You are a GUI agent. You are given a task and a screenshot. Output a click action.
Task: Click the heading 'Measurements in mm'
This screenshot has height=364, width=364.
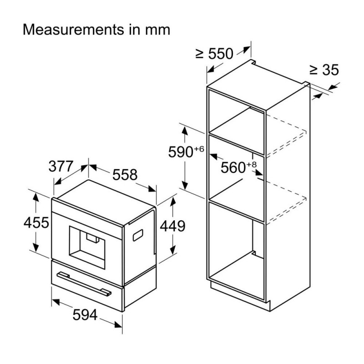pyautogui.click(x=96, y=30)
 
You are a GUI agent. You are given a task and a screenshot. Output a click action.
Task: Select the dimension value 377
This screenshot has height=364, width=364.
pyautogui.click(x=61, y=166)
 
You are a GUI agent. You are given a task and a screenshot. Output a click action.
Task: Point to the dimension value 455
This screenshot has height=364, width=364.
pyautogui.click(x=36, y=222)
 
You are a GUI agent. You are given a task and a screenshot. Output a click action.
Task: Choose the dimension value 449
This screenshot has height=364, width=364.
pyautogui.click(x=172, y=226)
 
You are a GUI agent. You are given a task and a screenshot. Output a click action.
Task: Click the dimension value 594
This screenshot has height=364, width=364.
pyautogui.click(x=85, y=315)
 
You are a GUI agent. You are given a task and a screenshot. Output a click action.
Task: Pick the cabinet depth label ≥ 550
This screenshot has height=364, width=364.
pyautogui.click(x=214, y=54)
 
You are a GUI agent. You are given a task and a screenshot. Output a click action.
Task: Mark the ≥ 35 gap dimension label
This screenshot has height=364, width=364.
pyautogui.click(x=324, y=70)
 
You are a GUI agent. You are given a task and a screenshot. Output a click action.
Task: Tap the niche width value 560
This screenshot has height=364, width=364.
pyautogui.click(x=233, y=167)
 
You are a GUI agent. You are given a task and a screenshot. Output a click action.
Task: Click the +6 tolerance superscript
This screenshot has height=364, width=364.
pyautogui.click(x=199, y=149)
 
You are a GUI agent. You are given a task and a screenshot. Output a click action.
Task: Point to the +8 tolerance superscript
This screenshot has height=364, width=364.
pyautogui.click(x=252, y=165)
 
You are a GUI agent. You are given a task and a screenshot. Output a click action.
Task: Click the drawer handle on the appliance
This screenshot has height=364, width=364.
pyautogui.click(x=84, y=284)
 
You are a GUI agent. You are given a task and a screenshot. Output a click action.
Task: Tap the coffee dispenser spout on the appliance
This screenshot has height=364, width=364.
pyautogui.click(x=93, y=238)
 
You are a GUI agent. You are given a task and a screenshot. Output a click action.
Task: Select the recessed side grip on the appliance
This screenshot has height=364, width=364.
pyautogui.click(x=138, y=235)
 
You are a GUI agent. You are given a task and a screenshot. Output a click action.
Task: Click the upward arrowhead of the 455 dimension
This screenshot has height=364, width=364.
pyautogui.click(x=35, y=197)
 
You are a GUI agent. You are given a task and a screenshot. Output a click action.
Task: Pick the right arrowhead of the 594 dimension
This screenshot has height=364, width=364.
pyautogui.click(x=118, y=324)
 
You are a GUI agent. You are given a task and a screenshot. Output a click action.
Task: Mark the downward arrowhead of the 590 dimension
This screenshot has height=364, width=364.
pyautogui.click(x=185, y=185)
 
